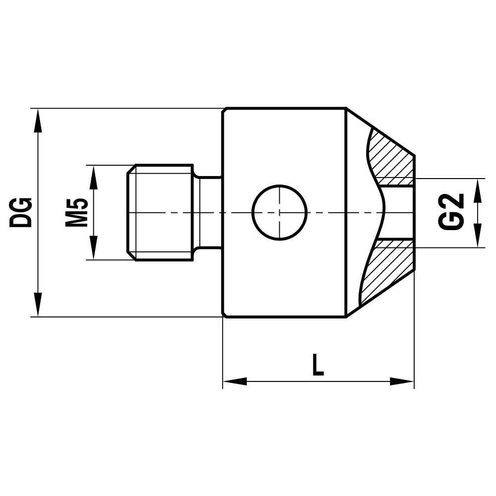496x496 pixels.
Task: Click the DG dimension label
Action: [22, 212]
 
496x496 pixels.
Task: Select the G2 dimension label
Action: [452, 212]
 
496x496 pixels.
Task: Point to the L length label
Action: [317, 365]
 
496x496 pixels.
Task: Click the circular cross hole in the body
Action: [280, 212]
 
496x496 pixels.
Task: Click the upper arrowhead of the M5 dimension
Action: [93, 177]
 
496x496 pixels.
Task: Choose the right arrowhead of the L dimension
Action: [402, 381]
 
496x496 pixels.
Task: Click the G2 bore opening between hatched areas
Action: [399, 212]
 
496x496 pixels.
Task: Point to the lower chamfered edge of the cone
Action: [380, 295]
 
